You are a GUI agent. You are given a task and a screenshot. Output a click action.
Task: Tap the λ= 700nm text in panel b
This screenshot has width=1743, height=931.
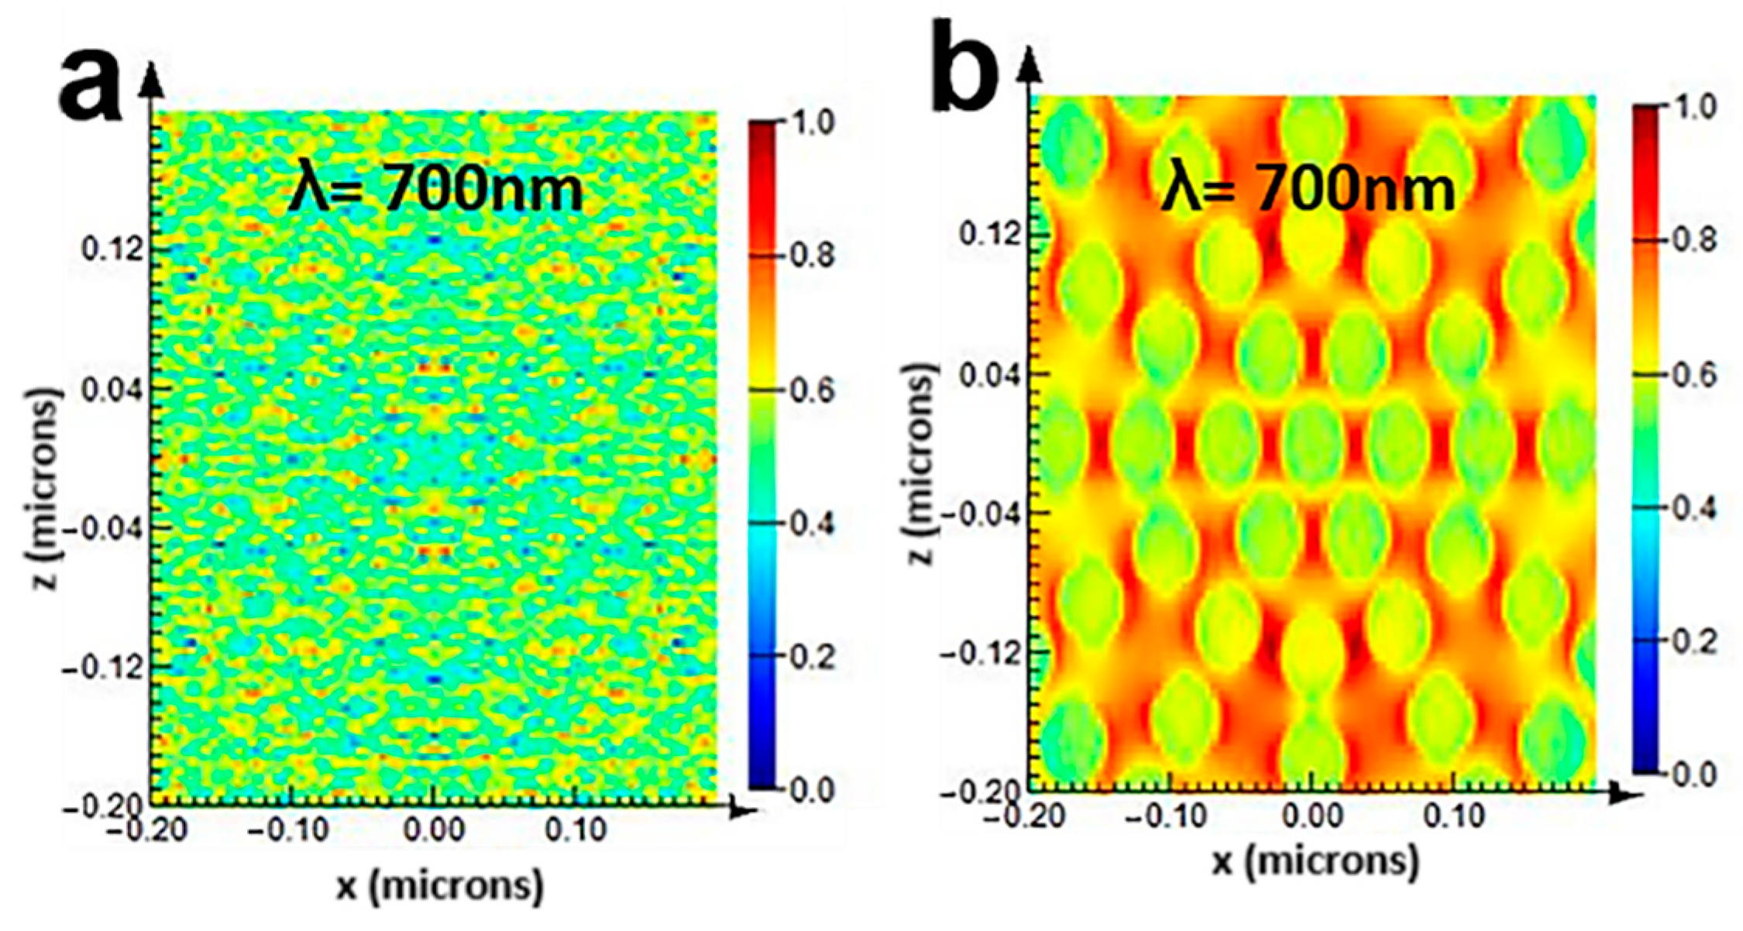click(1308, 190)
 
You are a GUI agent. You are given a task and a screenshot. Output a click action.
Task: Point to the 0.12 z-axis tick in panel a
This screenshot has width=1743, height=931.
click(113, 249)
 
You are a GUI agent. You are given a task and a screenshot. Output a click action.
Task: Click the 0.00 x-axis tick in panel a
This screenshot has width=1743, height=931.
click(434, 830)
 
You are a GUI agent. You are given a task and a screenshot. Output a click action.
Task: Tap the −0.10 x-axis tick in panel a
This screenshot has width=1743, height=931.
click(288, 830)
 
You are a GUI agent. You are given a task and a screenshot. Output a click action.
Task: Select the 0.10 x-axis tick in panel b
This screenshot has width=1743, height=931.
click(1454, 816)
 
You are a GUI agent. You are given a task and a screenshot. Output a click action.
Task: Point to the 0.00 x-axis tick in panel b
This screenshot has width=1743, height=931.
click(1312, 816)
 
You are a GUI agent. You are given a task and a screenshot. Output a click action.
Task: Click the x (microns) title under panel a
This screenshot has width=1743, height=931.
click(439, 885)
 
